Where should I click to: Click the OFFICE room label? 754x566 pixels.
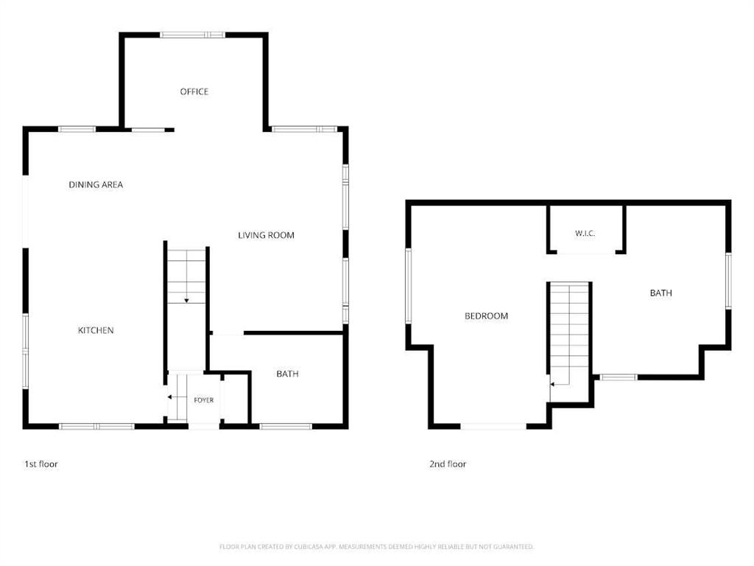194,91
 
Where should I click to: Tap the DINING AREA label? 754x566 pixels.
96,184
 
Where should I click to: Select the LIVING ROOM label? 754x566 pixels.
266,235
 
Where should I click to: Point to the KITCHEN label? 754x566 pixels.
96,330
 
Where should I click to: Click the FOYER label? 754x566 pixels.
204,400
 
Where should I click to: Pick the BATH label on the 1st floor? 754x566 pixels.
288,374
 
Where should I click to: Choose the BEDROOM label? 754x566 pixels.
486,315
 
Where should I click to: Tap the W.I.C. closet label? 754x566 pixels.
585,234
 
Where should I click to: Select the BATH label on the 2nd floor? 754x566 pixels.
661,293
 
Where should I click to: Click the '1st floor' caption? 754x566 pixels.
41,464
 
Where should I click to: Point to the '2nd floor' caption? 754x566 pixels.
448,464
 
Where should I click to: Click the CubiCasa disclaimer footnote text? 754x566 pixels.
376,547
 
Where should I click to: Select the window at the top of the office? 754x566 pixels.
192,35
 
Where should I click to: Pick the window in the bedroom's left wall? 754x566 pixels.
409,285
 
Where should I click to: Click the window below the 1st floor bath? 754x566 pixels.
286,426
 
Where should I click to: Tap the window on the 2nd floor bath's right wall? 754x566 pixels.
728,281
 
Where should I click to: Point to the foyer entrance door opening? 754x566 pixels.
204,426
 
